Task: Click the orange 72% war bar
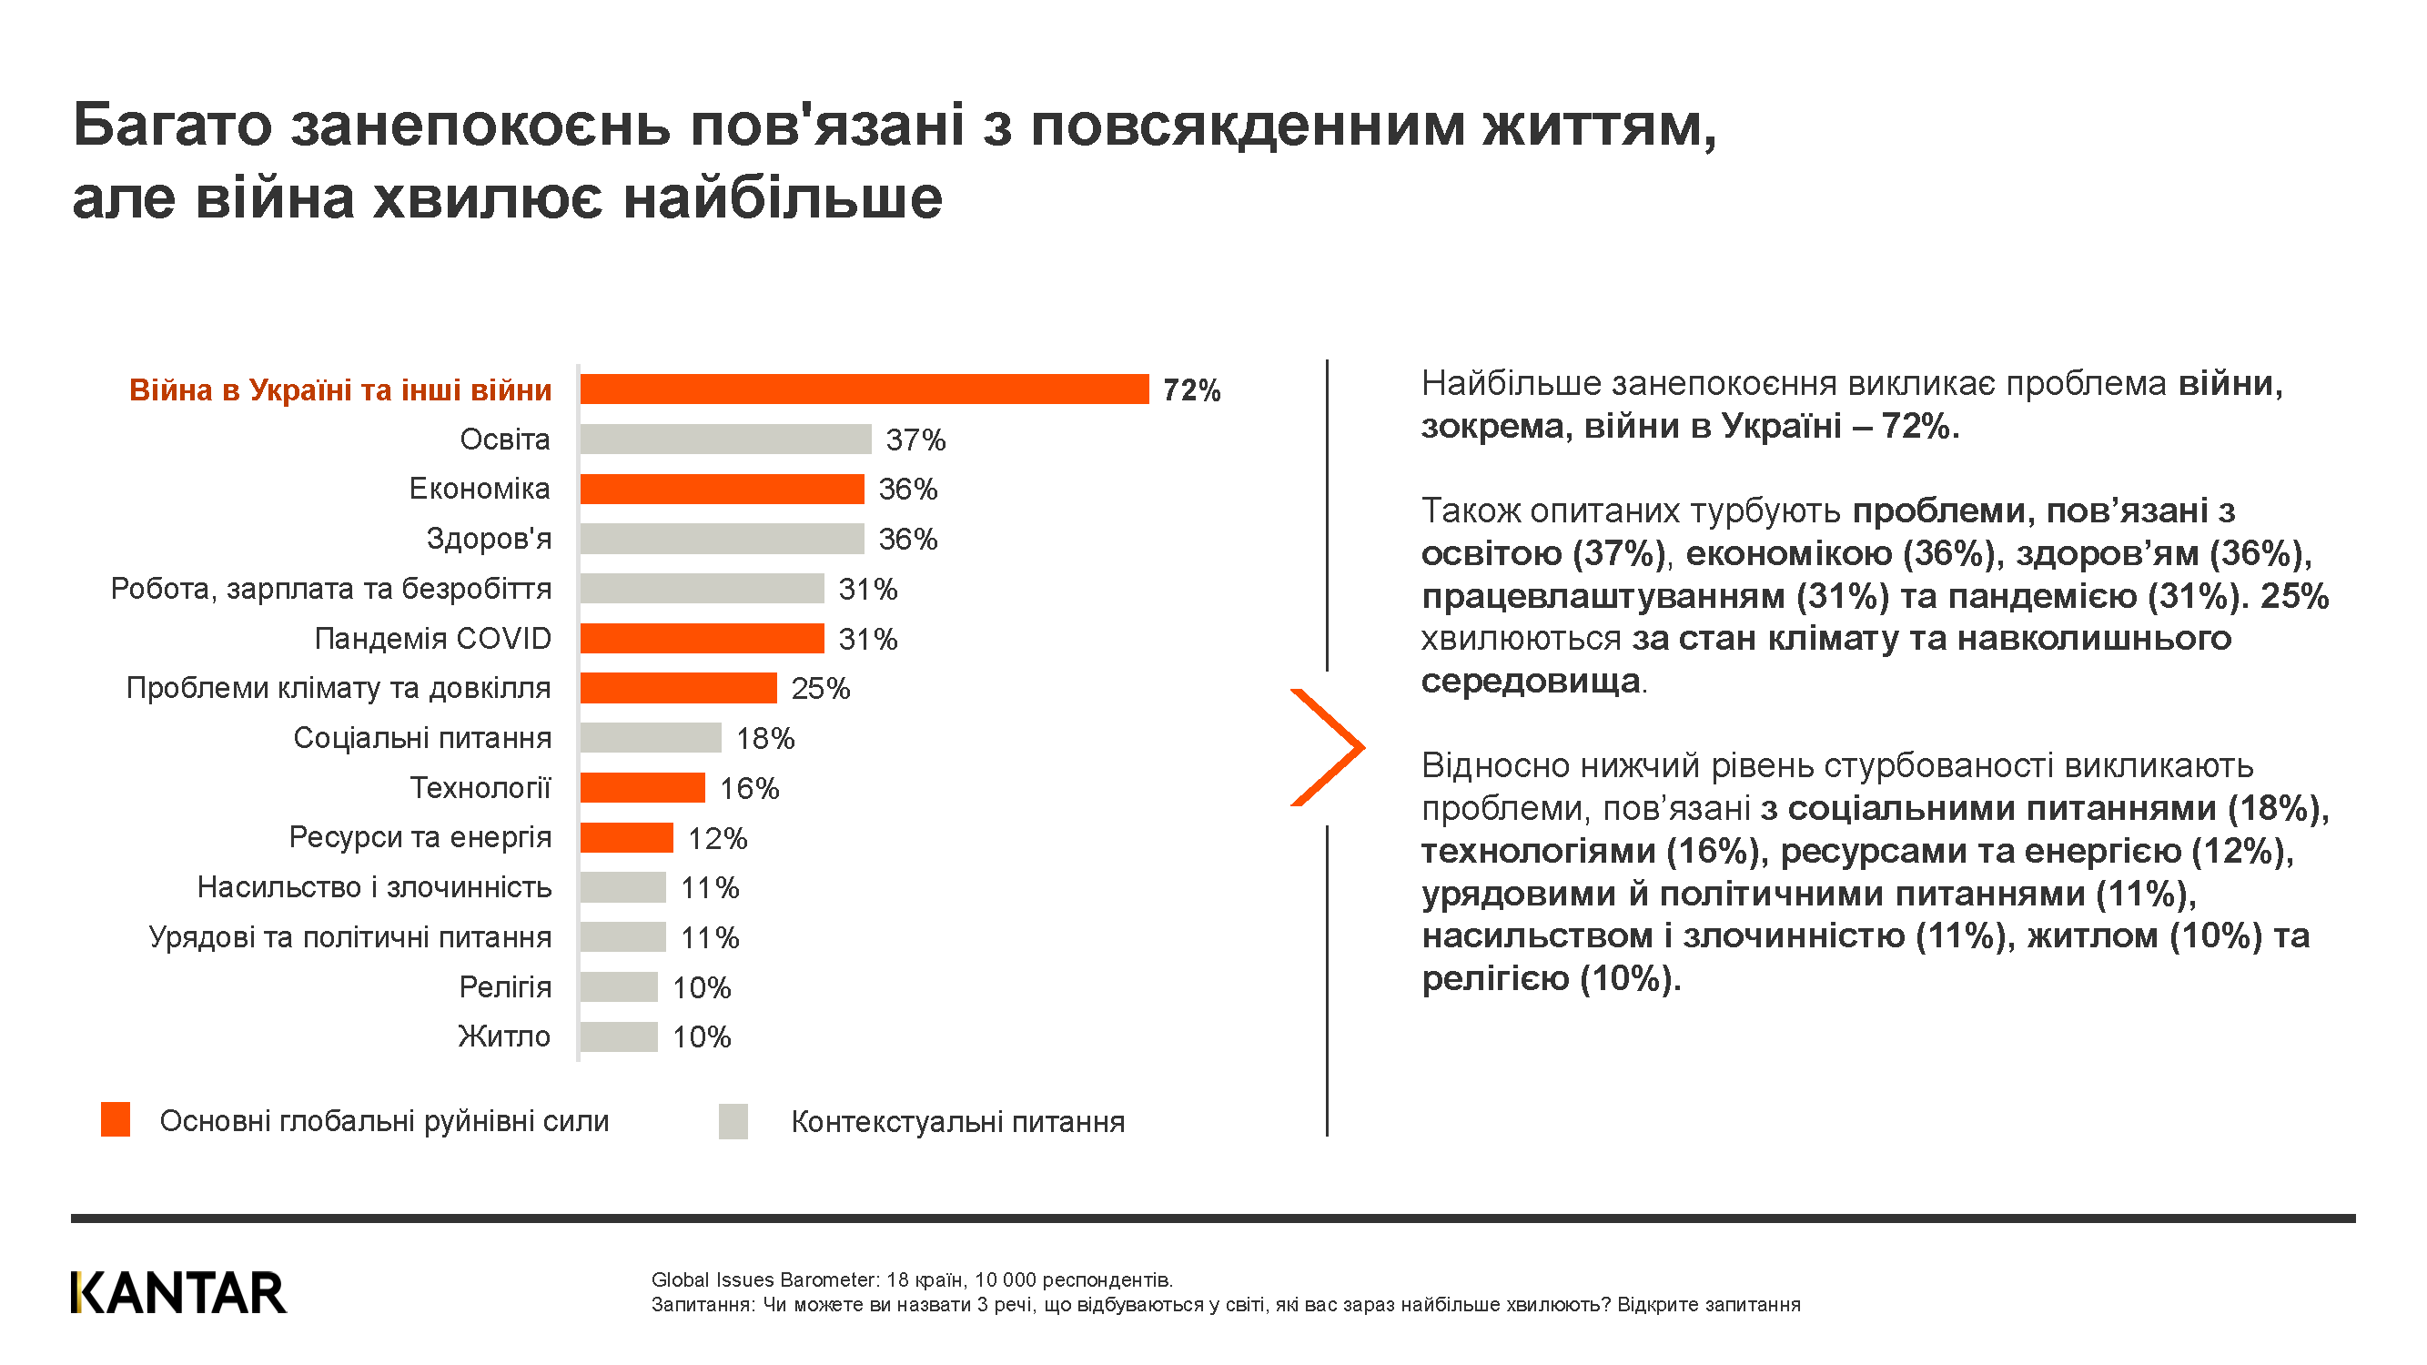pos(864,389)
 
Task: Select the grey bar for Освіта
pos(725,439)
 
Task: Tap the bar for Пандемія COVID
pos(702,639)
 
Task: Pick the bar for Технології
pos(642,787)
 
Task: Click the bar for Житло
pos(619,1036)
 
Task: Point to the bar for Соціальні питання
pos(651,738)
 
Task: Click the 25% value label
pos(821,689)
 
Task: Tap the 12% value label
pos(717,838)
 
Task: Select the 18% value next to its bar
pos(765,739)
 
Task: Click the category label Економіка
pos(480,489)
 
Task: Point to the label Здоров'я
pos(489,539)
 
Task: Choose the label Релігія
pos(505,987)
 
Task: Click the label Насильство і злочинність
pos(374,887)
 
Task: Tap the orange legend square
pos(115,1119)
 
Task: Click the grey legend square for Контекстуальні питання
pos(733,1121)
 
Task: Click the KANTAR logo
pos(178,1292)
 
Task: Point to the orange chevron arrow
pos(1329,747)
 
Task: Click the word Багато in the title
pos(172,126)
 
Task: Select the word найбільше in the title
pos(783,198)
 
